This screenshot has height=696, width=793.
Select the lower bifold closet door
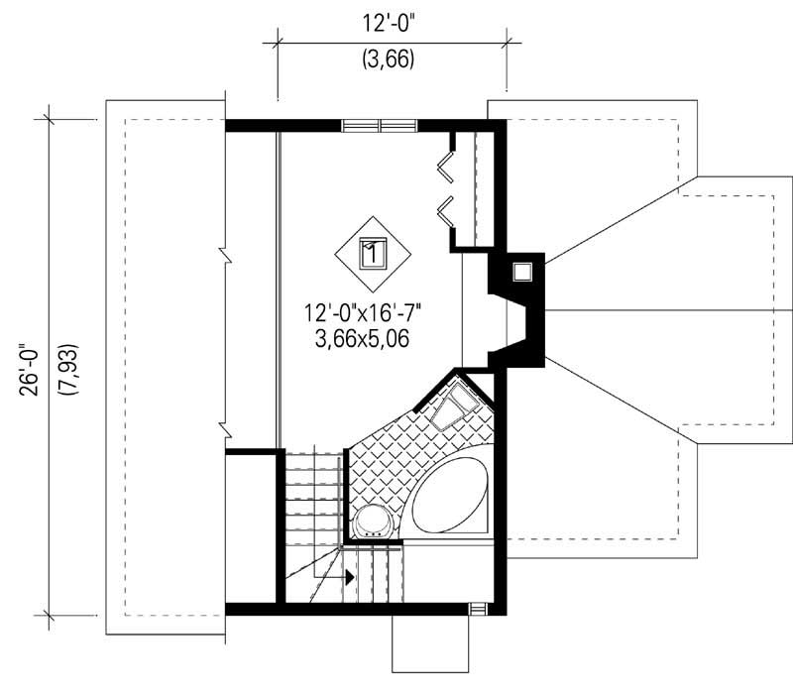point(448,208)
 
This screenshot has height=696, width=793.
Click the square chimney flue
point(522,270)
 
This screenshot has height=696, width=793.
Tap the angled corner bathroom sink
point(454,405)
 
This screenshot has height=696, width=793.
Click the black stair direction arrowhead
point(349,576)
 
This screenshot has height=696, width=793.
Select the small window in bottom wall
point(477,609)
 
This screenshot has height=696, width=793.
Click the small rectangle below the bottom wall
point(429,643)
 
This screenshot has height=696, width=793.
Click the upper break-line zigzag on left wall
point(227,257)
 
